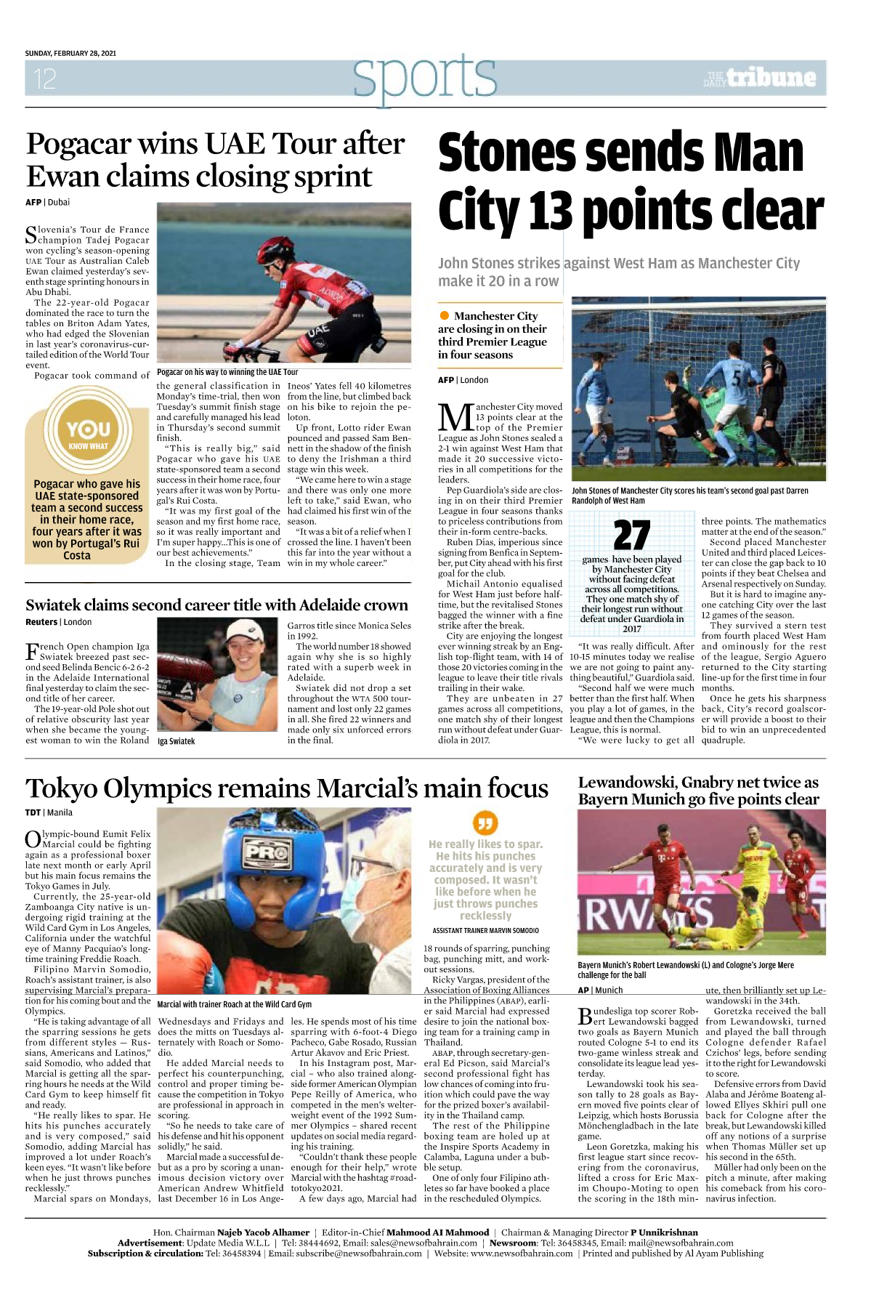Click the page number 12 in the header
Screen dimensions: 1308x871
tap(44, 78)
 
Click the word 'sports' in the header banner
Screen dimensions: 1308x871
tap(425, 77)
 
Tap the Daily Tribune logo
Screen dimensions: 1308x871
tap(760, 78)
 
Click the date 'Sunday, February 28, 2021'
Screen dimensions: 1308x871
tap(70, 53)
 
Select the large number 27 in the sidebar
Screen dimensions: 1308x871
tap(631, 536)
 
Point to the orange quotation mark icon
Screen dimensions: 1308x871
tap(485, 823)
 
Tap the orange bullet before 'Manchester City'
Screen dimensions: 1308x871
tap(445, 315)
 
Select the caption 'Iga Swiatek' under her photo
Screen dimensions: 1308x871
tap(177, 741)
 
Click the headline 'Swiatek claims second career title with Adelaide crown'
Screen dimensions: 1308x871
tap(216, 605)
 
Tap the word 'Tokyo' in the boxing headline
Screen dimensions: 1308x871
tap(61, 789)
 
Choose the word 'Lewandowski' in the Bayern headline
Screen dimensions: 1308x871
tap(628, 783)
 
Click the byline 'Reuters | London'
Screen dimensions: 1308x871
tap(58, 622)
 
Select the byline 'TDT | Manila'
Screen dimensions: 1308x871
tap(49, 812)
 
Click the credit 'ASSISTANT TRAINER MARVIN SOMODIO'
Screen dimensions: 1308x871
tap(485, 930)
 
